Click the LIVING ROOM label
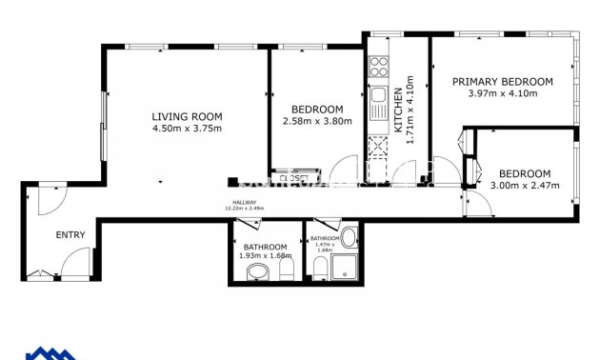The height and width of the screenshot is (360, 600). click(x=187, y=116)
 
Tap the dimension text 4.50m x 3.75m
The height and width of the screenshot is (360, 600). click(x=187, y=128)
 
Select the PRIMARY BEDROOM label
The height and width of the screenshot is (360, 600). click(x=502, y=82)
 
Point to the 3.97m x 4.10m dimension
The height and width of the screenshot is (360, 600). click(x=502, y=93)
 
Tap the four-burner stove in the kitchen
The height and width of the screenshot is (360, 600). click(x=378, y=68)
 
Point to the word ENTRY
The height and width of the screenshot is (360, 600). click(x=70, y=234)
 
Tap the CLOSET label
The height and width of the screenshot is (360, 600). click(x=293, y=177)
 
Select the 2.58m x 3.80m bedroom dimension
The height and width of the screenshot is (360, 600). click(x=317, y=121)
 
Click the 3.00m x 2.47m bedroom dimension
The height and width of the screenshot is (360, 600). click(x=525, y=185)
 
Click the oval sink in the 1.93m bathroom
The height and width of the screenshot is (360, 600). click(x=257, y=274)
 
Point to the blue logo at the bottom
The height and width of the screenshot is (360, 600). click(x=52, y=352)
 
